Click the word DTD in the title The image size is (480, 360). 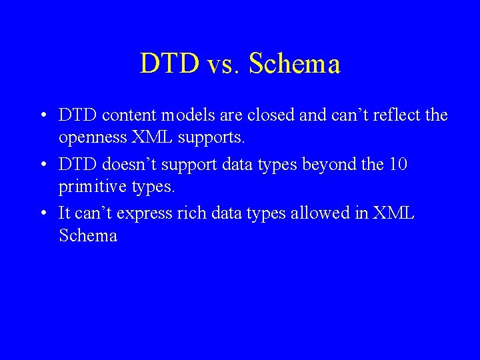[x=169, y=64]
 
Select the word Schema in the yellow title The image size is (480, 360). [x=294, y=64]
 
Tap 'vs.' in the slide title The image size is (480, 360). [x=223, y=64]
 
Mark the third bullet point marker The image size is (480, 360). [x=43, y=213]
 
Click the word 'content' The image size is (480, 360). [x=126, y=115]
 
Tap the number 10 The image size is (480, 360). [x=399, y=164]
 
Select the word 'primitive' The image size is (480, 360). [x=93, y=187]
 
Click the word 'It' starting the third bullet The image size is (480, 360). [x=65, y=213]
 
